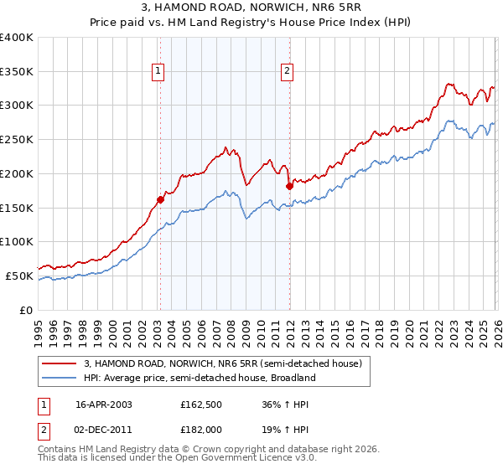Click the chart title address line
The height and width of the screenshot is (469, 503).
point(251,8)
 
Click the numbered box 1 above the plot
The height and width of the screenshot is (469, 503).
point(158,72)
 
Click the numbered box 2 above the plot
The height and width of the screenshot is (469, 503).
point(288,72)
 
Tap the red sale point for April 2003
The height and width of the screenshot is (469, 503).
point(160,199)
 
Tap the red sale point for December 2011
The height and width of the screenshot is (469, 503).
point(288,186)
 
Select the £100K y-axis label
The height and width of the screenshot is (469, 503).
point(17,242)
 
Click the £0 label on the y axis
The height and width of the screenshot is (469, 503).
point(25,310)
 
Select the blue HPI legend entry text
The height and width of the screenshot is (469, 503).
point(199,378)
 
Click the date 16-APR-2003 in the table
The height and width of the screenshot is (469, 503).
point(103,404)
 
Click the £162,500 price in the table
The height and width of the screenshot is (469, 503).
point(201,404)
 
